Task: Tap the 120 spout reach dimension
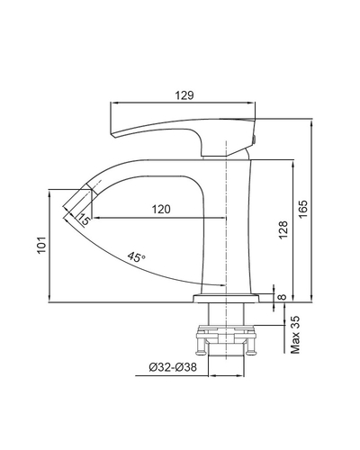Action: [162, 209]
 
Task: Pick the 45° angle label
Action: [137, 257]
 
